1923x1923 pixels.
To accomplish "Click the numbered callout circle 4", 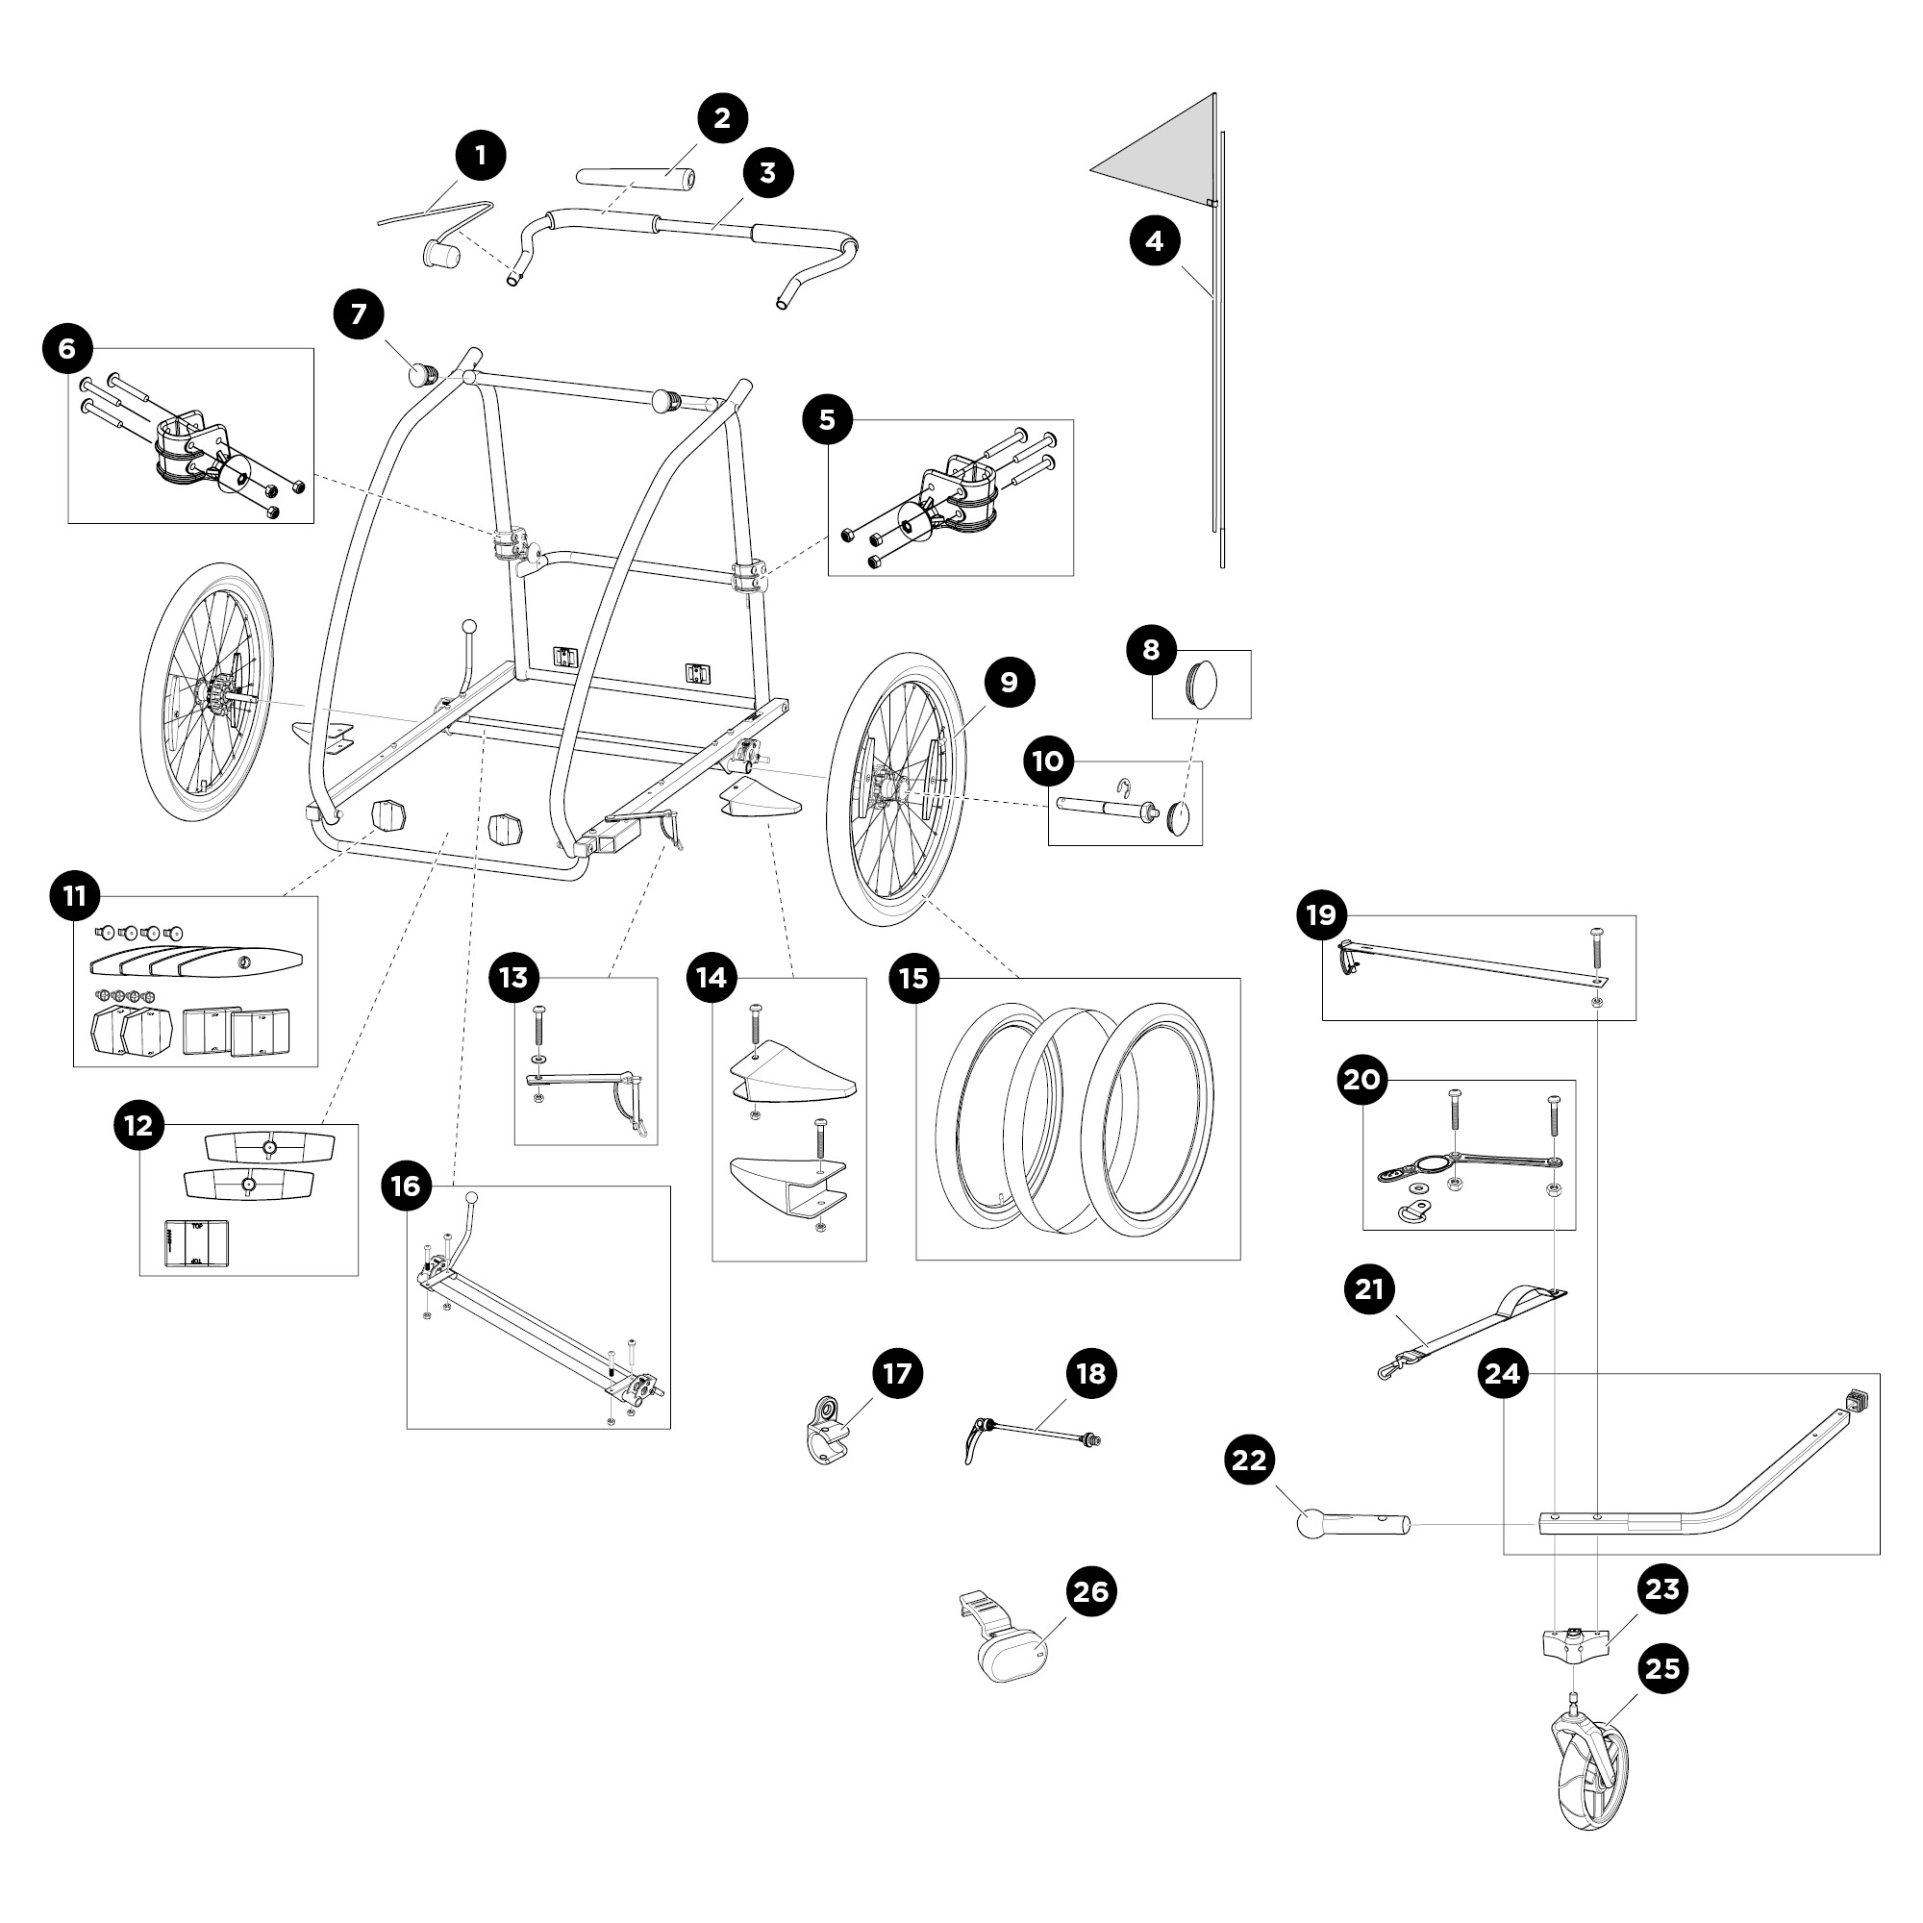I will pyautogui.click(x=1155, y=242).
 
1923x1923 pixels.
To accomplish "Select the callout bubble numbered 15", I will pyautogui.click(x=912, y=979).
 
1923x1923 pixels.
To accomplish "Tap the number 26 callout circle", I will pyautogui.click(x=1091, y=1591).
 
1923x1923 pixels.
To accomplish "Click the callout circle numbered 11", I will pyautogui.click(x=75, y=897).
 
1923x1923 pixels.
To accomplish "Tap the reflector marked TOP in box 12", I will pyautogui.click(x=196, y=1244).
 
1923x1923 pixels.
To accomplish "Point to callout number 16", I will pyautogui.click(x=406, y=1186).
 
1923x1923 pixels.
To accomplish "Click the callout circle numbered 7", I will pyautogui.click(x=359, y=314).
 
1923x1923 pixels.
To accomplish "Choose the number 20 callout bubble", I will pyautogui.click(x=1361, y=1080).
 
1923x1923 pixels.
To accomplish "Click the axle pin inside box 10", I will pyautogui.click(x=1105, y=805).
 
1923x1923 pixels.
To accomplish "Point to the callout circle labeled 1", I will pyautogui.click(x=481, y=157).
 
